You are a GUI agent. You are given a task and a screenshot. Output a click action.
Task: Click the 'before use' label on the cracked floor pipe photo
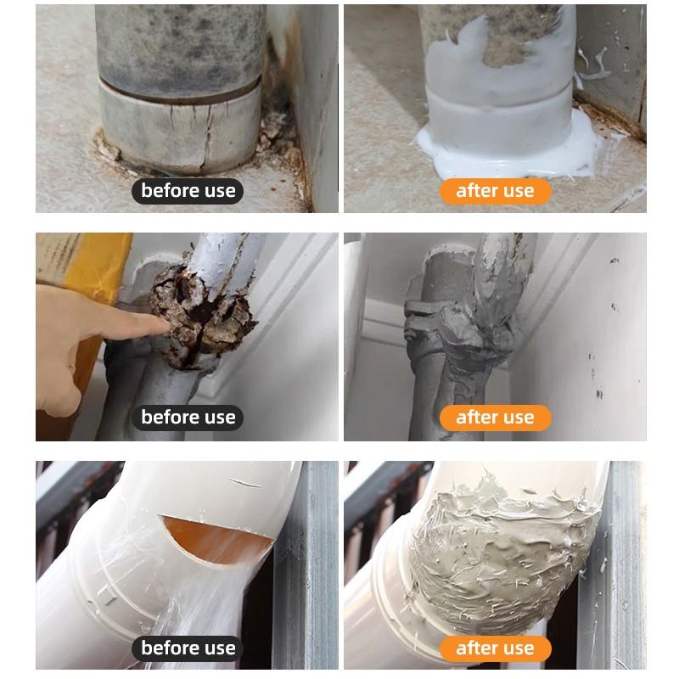(188, 191)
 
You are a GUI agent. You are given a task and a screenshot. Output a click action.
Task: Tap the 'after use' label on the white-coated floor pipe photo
(495, 191)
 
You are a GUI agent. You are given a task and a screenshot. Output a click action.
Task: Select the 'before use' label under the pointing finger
(188, 418)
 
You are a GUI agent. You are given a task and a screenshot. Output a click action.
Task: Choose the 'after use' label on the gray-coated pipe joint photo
(495, 418)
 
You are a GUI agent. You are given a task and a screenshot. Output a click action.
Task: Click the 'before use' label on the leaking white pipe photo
(188, 648)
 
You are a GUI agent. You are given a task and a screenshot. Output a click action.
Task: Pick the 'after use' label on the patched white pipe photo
(495, 648)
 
